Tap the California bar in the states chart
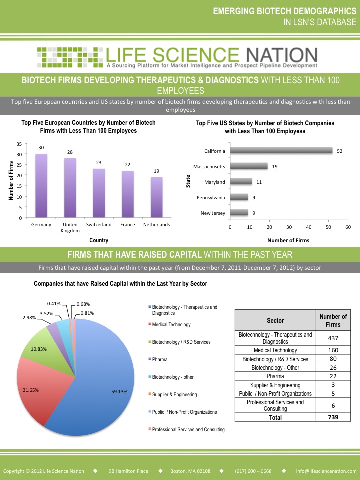pos(281,151)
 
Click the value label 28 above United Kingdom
pos(70,152)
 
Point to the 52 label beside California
pos(339,151)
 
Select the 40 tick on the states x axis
pos(309,227)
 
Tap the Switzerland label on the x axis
pos(98,225)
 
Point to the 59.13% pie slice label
pos(120,392)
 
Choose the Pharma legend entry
pos(160,359)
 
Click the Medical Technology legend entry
pos(171,325)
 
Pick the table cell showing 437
pos(333,338)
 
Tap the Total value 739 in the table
pos(333,417)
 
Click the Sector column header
pos(275,320)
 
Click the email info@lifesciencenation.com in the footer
pos(325,471)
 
